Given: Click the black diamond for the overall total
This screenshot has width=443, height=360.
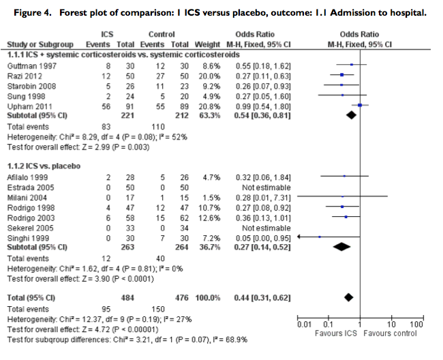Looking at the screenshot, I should tap(349, 297).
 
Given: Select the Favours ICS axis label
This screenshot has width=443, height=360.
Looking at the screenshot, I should tap(335, 335).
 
